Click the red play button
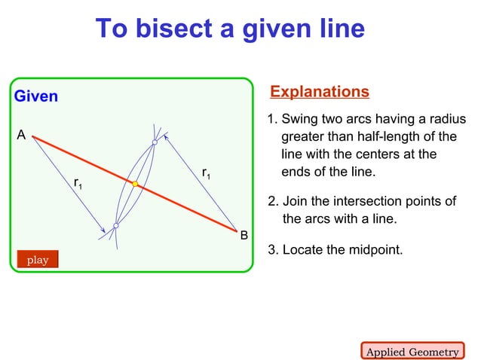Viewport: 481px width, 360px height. pyautogui.click(x=38, y=260)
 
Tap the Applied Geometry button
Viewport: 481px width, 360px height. pyautogui.click(x=412, y=352)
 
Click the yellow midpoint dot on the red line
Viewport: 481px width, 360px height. pyautogui.click(x=135, y=184)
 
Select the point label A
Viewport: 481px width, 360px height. pyautogui.click(x=21, y=135)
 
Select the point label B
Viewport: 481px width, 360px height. pyautogui.click(x=244, y=236)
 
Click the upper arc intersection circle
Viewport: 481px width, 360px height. pyautogui.click(x=155, y=142)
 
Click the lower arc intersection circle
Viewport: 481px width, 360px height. pyautogui.click(x=116, y=225)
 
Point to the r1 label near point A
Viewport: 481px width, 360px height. pyautogui.click(x=78, y=183)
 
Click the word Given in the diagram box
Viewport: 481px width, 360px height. pyautogui.click(x=36, y=96)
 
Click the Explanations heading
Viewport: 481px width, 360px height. pyautogui.click(x=320, y=92)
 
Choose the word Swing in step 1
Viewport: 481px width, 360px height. pyautogui.click(x=300, y=120)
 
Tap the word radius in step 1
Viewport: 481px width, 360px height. pyautogui.click(x=446, y=120)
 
